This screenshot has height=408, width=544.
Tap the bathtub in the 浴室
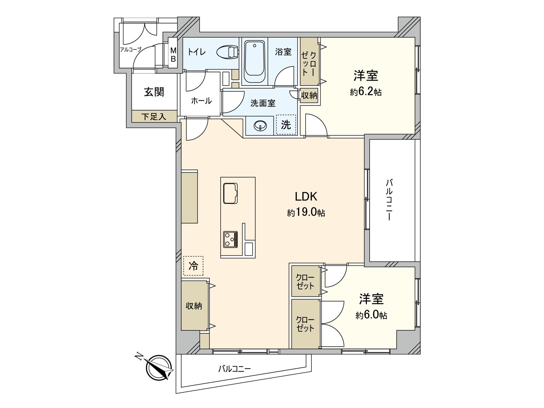254,62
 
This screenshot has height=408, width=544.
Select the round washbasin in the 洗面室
260,126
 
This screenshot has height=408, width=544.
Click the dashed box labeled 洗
286,124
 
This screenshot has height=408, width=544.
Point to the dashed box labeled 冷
193,266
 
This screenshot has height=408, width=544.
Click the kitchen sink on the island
231,193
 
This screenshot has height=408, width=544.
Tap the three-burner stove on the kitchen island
231,239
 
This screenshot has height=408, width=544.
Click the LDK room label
306,197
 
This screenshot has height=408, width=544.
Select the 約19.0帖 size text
306,213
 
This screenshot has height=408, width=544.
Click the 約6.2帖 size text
366,92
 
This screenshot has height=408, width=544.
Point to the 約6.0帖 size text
372,316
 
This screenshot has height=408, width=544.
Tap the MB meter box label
173,55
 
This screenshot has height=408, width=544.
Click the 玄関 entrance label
154,92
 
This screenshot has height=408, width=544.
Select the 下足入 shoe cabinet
154,116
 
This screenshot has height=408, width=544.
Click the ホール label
201,101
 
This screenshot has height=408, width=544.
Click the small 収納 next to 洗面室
309,95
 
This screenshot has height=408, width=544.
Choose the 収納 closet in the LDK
194,306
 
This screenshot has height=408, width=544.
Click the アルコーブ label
130,50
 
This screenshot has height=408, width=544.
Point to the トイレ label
197,52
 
